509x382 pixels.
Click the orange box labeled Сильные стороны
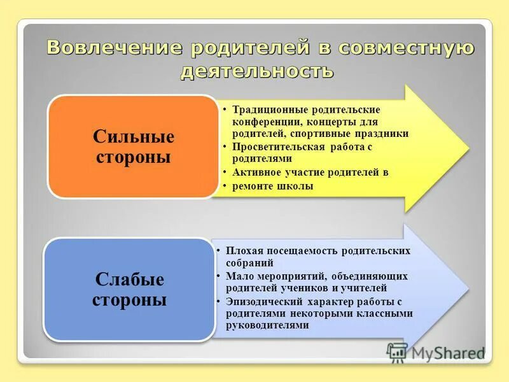click(x=133, y=146)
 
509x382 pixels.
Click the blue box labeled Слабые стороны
click(x=129, y=289)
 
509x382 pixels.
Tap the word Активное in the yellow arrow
click(x=254, y=173)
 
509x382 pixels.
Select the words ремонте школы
click(x=273, y=186)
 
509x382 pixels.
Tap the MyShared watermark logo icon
click(x=397, y=352)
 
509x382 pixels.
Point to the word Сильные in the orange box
click(x=134, y=137)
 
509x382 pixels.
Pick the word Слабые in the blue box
click(x=129, y=279)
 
